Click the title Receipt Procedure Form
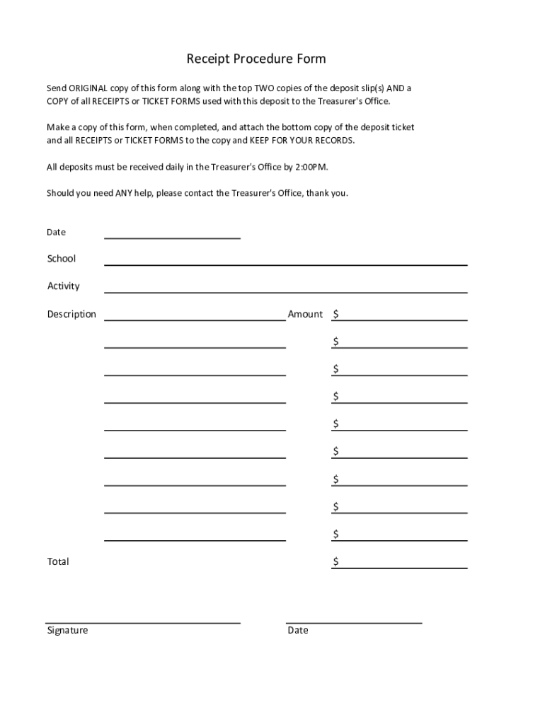coord(256,59)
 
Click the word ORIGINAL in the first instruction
coord(88,88)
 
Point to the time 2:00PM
coord(311,168)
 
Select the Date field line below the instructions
coord(172,238)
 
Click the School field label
coord(62,259)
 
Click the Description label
coord(71,314)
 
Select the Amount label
coord(305,314)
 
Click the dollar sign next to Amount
coord(336,314)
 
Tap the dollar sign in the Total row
coord(336,562)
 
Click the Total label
coord(58,562)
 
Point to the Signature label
coord(67,630)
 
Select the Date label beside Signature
coord(298,630)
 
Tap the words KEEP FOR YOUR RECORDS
coord(302,141)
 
